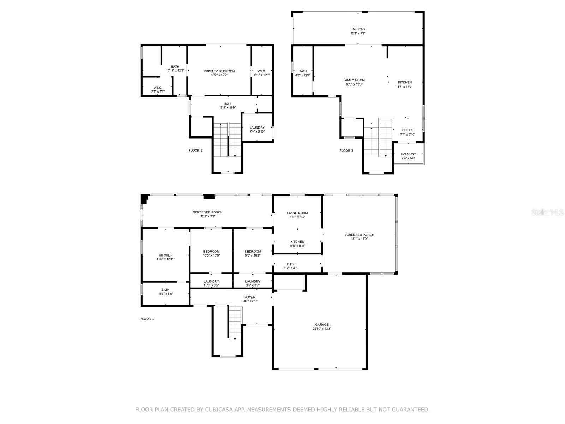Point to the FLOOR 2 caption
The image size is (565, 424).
pyautogui.click(x=195, y=151)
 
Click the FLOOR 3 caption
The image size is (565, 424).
pyautogui.click(x=346, y=151)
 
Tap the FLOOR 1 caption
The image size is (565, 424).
pyautogui.click(x=147, y=319)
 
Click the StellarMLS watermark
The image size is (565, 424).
pyautogui.click(x=548, y=212)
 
